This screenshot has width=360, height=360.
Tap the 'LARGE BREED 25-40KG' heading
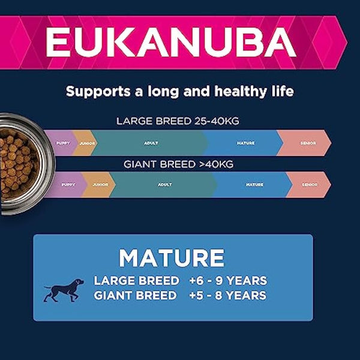(178, 121)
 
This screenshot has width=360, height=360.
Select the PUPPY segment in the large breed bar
(62, 143)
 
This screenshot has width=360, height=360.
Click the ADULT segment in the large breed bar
(151, 143)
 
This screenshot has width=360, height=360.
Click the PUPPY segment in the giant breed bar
(68, 185)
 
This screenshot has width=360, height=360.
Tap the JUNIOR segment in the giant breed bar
(100, 185)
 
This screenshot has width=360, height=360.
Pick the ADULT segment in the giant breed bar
(164, 185)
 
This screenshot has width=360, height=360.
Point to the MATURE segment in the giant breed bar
(254, 185)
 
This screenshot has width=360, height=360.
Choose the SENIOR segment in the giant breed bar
(310, 185)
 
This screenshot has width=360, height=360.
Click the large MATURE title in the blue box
(172, 258)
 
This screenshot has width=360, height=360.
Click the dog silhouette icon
(64, 289)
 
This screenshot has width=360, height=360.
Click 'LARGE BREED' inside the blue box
(136, 281)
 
